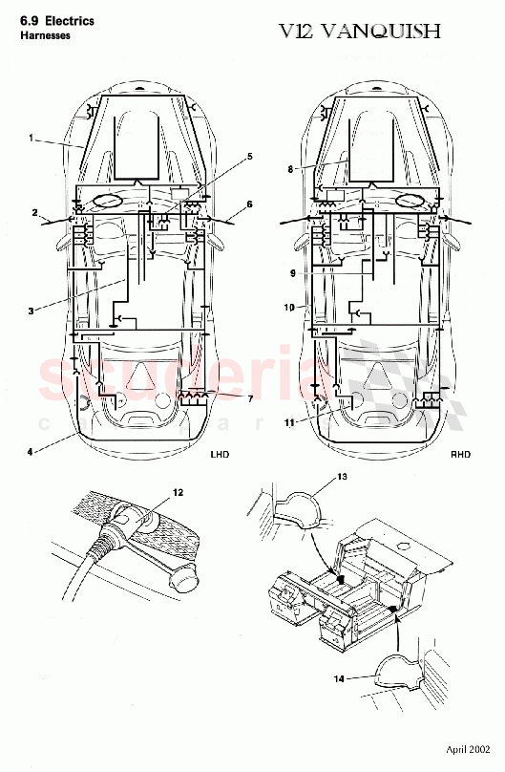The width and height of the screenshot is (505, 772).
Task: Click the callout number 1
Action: [31, 138]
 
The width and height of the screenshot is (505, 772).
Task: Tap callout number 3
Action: [32, 311]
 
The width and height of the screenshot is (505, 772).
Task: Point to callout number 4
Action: [32, 449]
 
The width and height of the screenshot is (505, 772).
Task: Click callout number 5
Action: [249, 156]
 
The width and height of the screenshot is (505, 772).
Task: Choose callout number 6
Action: [249, 204]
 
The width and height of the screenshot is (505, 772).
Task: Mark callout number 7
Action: [250, 397]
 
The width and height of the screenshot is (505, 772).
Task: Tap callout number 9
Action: [294, 272]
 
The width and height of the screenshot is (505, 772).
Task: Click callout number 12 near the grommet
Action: [177, 493]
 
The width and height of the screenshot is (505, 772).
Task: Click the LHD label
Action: [221, 456]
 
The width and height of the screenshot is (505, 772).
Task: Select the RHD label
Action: [460, 456]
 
